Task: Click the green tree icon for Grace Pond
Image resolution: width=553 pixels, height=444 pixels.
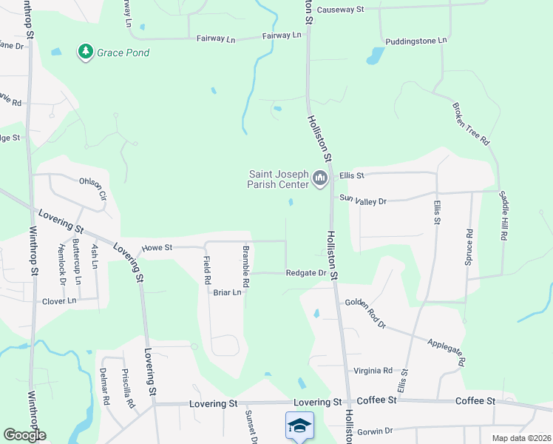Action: (x=86, y=52)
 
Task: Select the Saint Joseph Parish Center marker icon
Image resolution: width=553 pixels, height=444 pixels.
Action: (x=320, y=179)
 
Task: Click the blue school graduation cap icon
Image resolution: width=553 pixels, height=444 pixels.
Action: (x=299, y=425)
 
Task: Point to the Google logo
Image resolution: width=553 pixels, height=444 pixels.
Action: (x=24, y=435)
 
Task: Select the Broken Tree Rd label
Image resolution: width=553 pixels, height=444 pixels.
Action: (x=470, y=123)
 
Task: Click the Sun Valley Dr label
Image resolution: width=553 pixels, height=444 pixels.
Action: (x=363, y=200)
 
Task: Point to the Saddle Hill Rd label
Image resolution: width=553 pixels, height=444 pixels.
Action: (x=504, y=216)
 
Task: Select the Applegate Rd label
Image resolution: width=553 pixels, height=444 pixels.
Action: (x=446, y=353)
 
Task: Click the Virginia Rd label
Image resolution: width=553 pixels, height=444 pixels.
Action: (x=373, y=371)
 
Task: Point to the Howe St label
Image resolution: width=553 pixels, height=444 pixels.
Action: (x=157, y=248)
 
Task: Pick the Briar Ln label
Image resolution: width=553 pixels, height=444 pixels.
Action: (x=228, y=292)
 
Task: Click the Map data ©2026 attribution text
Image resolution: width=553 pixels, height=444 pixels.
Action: (x=520, y=438)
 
